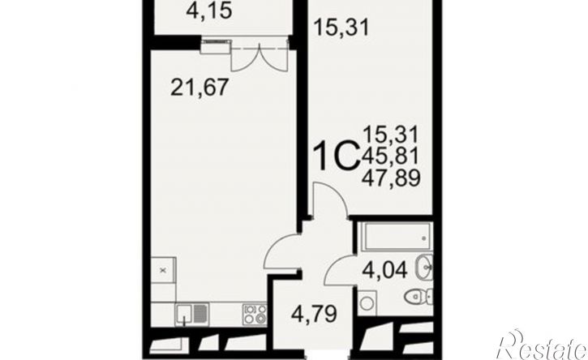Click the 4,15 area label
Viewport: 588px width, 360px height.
coord(209,11)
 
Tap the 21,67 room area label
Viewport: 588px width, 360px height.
coord(200,88)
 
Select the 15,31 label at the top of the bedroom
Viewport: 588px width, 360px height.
coord(341,27)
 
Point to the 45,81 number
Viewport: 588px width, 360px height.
coord(390,156)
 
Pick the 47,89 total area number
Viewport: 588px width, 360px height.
coord(391,178)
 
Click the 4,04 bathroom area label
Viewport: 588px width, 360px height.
coord(385,270)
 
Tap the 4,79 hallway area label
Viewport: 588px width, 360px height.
coord(314,314)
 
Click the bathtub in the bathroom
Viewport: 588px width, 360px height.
coord(395,237)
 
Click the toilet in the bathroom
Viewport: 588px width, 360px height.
coord(418,297)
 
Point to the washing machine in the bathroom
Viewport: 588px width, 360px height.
coord(367,302)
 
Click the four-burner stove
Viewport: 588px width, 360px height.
coord(255,314)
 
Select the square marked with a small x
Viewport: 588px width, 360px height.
coord(163,270)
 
